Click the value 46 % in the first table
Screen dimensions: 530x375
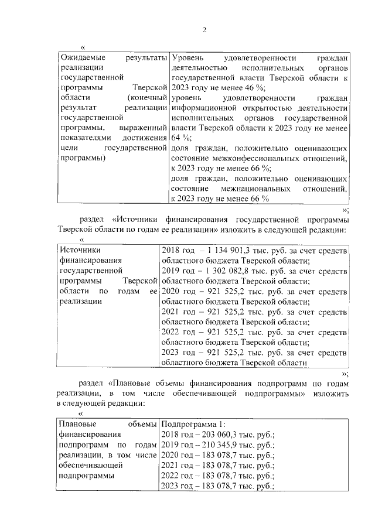click(246, 87)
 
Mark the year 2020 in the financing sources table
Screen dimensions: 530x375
click(171, 291)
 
